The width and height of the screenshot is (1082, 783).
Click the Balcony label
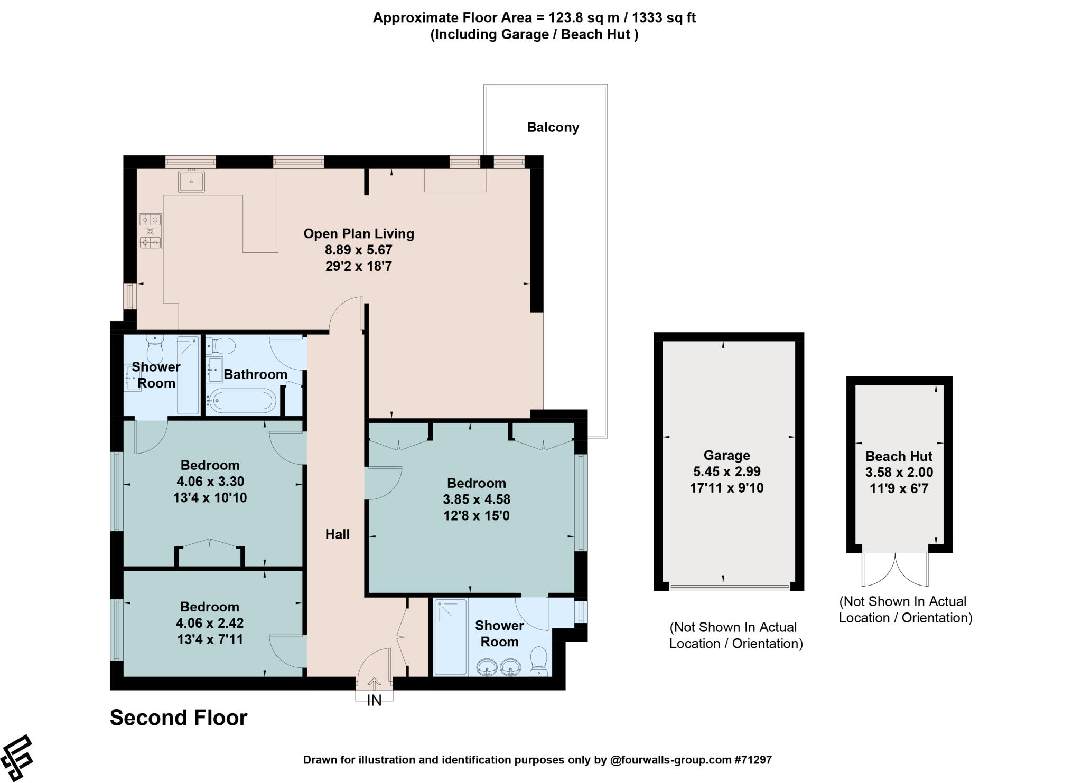(553, 127)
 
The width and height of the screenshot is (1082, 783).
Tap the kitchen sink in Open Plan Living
(191, 182)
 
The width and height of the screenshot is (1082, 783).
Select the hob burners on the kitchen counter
(150, 231)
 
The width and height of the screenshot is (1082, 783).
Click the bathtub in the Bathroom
(241, 400)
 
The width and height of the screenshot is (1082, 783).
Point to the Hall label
(337, 534)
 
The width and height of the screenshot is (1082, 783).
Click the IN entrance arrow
(374, 684)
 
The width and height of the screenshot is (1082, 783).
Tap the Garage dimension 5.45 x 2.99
(726, 471)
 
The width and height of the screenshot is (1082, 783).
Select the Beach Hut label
(898, 456)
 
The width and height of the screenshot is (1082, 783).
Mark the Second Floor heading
(179, 718)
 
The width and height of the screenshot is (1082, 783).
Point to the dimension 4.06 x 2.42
(210, 623)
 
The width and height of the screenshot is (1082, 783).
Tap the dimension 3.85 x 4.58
(476, 499)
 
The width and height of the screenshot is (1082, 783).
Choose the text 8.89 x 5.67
(358, 250)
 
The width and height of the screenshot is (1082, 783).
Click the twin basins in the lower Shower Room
(498, 667)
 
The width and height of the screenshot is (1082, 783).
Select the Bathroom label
(255, 374)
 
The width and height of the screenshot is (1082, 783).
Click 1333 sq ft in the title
(664, 18)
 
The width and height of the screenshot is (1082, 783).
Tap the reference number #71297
(752, 760)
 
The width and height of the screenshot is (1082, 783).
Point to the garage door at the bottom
(729, 586)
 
